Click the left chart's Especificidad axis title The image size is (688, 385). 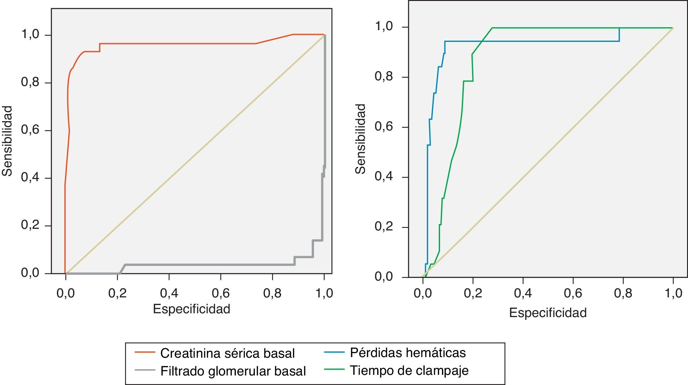coord(191,309)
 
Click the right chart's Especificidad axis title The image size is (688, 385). coord(548,313)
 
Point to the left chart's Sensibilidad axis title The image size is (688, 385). coord(7,141)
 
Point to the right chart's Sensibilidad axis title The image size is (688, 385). coord(360,139)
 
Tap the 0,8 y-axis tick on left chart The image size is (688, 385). coord(30,82)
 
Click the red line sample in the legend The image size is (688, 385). coord(145,352)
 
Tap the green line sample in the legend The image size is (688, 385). coord(334,369)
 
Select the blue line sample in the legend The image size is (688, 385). coord(334,352)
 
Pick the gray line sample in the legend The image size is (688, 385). coord(145,370)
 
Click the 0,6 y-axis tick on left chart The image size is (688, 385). coord(30,130)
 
